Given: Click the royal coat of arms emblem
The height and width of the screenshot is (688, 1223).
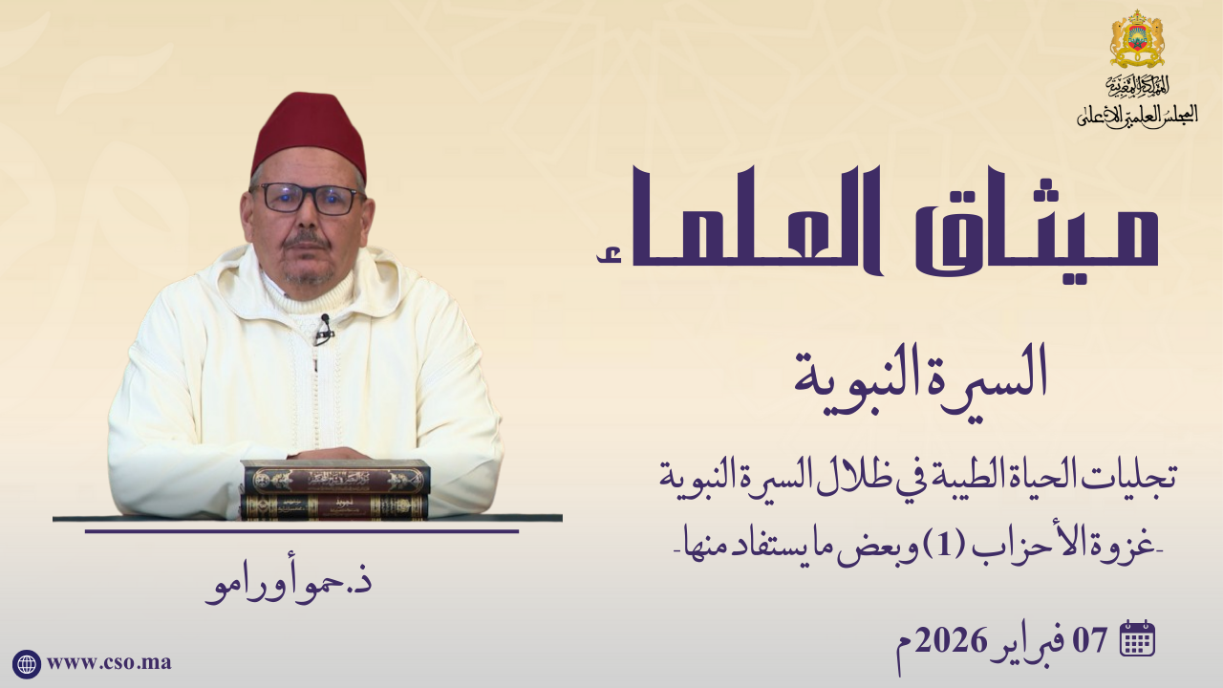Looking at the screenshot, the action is point(1137,39).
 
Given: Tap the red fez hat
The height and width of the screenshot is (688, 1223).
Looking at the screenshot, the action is point(310,136).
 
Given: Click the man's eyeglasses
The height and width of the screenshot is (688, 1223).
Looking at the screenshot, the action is point(308,199).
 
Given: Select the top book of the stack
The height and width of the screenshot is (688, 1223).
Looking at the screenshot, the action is point(335,477).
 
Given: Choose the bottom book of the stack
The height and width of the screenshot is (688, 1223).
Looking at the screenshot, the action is point(334,506).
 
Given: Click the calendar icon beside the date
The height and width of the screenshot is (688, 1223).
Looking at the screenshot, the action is point(1137,638).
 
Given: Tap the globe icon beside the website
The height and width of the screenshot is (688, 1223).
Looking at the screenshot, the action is point(26,664).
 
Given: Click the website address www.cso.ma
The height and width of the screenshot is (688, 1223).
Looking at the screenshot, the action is point(109,663).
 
